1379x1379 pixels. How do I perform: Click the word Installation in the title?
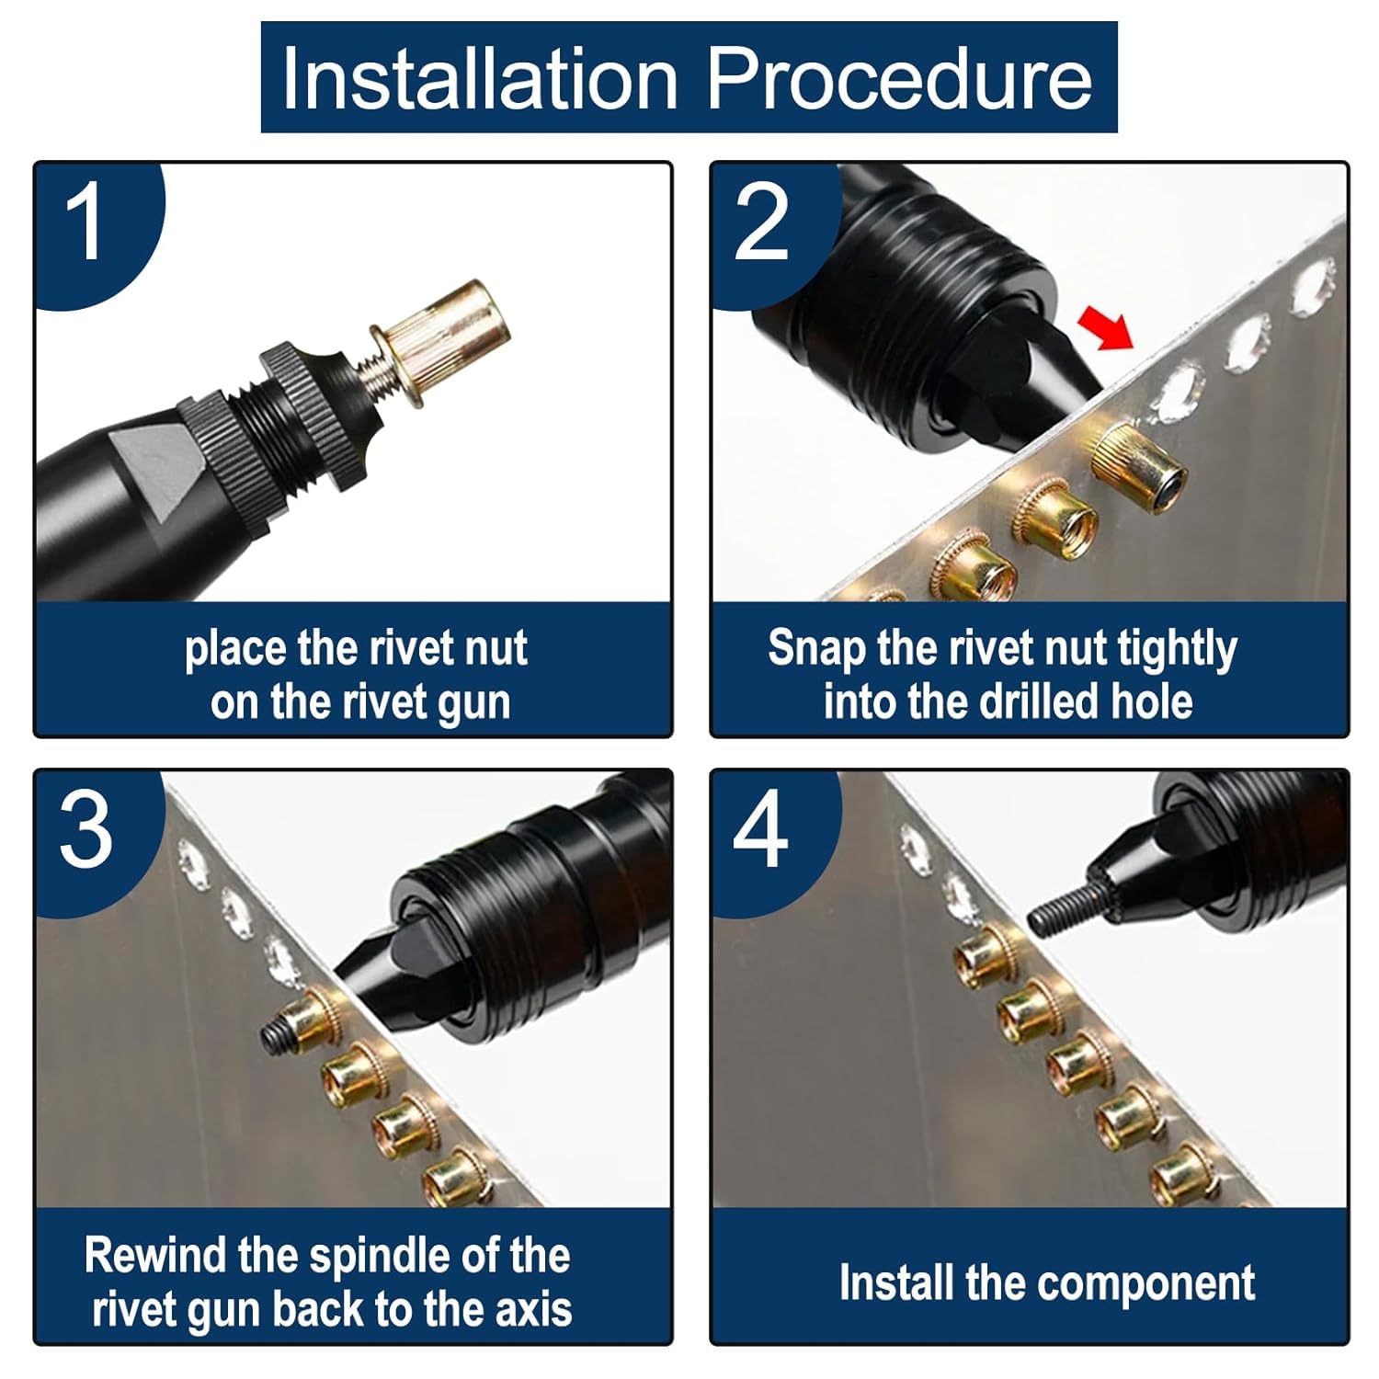pyautogui.click(x=480, y=77)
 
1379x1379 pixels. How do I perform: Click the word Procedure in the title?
pyautogui.click(x=900, y=77)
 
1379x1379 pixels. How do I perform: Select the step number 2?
pyautogui.click(x=761, y=222)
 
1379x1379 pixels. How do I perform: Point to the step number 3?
pyautogui.click(x=87, y=831)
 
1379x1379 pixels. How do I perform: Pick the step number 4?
pyautogui.click(x=760, y=831)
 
